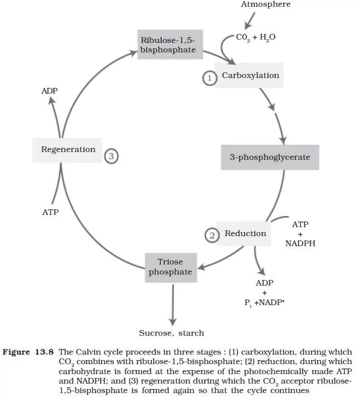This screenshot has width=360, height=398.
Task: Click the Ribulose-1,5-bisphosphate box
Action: (168, 45)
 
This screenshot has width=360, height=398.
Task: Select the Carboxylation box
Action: (250, 76)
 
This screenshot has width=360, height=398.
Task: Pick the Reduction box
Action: (245, 234)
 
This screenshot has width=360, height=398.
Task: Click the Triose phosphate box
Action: (170, 267)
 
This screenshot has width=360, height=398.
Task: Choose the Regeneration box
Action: (68, 150)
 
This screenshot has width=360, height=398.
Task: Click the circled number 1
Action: (209, 78)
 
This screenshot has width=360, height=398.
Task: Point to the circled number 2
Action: (211, 236)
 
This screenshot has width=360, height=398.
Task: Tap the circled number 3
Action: (111, 156)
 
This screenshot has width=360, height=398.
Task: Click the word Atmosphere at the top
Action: (265, 4)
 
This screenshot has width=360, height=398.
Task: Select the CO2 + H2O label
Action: (255, 37)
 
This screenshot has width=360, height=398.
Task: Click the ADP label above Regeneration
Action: (50, 91)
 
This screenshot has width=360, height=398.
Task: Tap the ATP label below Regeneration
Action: (50, 212)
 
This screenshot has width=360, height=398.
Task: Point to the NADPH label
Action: (300, 243)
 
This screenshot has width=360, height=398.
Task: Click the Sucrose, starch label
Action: (171, 333)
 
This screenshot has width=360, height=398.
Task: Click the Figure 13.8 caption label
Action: (28, 352)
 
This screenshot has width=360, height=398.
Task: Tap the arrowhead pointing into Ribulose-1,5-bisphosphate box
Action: (132, 53)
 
